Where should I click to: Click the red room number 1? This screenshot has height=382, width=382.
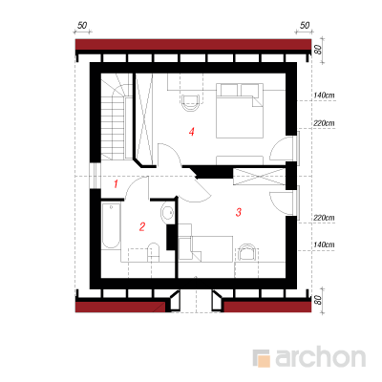116,183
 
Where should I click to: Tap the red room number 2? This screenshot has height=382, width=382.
142,226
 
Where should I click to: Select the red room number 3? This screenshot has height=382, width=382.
239,212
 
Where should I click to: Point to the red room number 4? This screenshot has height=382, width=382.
191,132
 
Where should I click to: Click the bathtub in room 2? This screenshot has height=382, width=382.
111,225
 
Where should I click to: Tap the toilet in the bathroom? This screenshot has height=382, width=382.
154,252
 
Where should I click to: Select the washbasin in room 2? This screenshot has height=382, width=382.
167,212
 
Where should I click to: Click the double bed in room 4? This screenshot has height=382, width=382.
240,111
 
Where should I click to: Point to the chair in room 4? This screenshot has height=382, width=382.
191,103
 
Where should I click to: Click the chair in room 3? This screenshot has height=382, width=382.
246,252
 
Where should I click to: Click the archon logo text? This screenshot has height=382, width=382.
320,358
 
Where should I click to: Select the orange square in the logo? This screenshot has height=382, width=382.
264,361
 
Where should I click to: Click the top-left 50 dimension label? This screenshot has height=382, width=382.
82,25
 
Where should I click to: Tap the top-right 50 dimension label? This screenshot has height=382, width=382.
305,25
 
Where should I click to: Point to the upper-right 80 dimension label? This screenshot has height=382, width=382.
318,50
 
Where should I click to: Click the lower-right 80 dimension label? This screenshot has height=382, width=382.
318,300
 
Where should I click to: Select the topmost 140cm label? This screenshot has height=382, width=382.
324,95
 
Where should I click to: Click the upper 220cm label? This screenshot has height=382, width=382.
324,123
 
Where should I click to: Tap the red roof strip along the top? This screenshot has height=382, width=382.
193,45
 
